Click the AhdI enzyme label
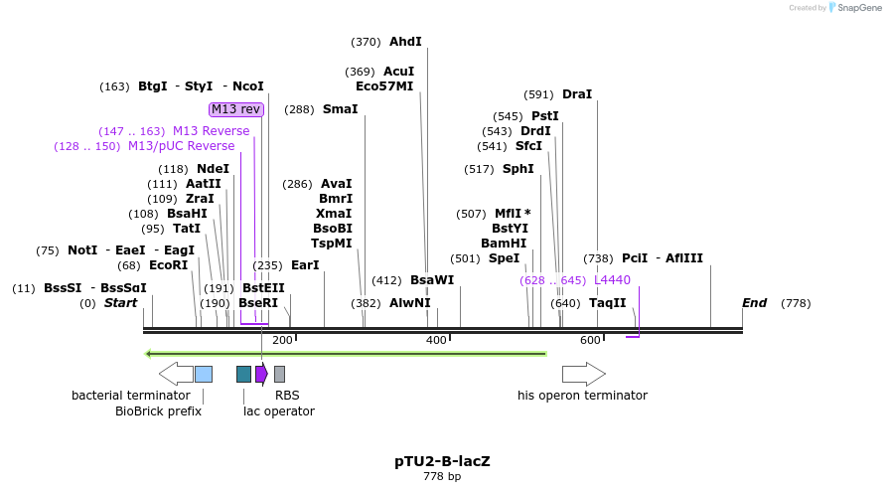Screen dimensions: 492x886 [405, 42]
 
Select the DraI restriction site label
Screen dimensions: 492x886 [577, 94]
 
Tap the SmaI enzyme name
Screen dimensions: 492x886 [340, 109]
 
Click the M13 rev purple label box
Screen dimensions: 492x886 [235, 109]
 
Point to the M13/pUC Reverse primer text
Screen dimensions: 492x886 [182, 146]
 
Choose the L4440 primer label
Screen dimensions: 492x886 [612, 280]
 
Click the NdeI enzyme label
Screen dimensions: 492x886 [213, 169]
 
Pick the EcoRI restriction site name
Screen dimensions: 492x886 [168, 265]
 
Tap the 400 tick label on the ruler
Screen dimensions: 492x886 [437, 341]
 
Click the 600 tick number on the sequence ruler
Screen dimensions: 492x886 [591, 341]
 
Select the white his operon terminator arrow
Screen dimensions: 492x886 [583, 374]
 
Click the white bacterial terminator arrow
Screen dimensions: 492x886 [176, 374]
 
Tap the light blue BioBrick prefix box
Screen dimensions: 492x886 [204, 374]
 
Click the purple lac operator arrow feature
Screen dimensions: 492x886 [261, 374]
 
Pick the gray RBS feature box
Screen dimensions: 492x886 [280, 374]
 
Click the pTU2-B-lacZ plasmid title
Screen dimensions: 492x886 [442, 461]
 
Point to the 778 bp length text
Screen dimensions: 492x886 [442, 477]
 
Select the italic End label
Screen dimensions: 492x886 [754, 303]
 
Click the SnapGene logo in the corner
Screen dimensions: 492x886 [854, 8]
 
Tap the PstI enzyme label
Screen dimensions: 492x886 [545, 116]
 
